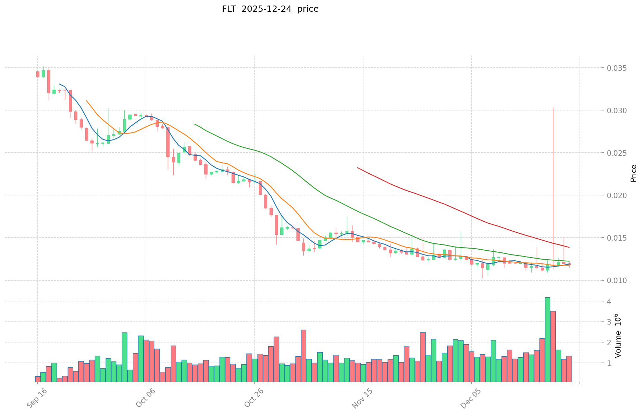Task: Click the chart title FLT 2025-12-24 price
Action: pyautogui.click(x=270, y=9)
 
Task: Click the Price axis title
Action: pyautogui.click(x=633, y=173)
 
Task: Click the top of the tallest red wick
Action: pyautogui.click(x=553, y=107)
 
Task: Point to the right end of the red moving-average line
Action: pyautogui.click(x=569, y=247)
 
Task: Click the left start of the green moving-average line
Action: pyautogui.click(x=195, y=124)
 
